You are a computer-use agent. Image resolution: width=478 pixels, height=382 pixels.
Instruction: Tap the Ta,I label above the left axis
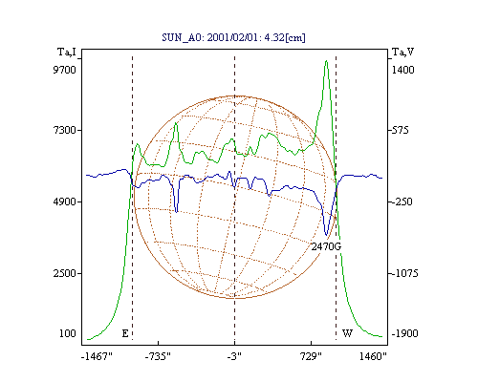coord(67,52)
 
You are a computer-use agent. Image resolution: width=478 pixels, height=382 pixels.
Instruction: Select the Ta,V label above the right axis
coord(402,52)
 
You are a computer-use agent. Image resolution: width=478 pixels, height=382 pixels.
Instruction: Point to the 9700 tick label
coord(64,70)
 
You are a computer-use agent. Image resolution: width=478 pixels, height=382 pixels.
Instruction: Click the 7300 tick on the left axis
coord(64,130)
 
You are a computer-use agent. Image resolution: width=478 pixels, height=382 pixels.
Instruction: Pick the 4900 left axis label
coord(64,202)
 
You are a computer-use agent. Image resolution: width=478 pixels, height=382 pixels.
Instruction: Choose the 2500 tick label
coord(64,273)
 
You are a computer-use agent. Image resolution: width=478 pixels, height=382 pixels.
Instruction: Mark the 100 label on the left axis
coord(68,333)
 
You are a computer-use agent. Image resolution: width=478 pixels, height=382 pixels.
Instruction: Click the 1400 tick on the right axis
coord(402,70)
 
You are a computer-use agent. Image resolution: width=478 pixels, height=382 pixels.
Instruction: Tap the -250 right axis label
coord(402,202)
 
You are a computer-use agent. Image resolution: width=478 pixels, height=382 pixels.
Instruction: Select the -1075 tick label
coord(404,273)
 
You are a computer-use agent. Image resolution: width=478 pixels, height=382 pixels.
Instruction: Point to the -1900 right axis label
coord(404,333)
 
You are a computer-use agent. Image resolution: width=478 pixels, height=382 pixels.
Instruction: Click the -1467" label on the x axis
coord(97,356)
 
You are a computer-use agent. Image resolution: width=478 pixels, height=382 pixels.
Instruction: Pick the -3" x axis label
coord(234,356)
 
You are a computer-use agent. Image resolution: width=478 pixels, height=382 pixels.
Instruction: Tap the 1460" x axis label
coord(373,356)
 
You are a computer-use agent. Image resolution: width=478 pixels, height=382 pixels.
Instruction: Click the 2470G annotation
coord(326,246)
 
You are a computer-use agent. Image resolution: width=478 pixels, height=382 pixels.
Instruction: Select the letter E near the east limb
coord(125,333)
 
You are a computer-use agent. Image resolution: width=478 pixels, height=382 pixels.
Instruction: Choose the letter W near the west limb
coord(347,333)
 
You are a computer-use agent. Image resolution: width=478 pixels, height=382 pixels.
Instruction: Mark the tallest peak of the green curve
coord(326,60)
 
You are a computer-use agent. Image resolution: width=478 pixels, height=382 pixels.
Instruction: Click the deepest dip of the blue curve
coord(326,235)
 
